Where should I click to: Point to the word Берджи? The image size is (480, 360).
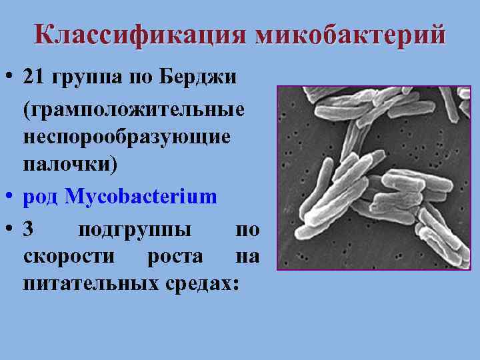[198, 79]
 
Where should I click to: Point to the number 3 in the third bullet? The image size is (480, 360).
[28, 229]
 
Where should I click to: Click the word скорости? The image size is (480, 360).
[68, 257]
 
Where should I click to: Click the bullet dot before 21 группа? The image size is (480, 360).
[10, 79]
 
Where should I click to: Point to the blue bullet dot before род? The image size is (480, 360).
[10, 198]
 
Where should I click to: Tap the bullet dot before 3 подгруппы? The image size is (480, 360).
[10, 229]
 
